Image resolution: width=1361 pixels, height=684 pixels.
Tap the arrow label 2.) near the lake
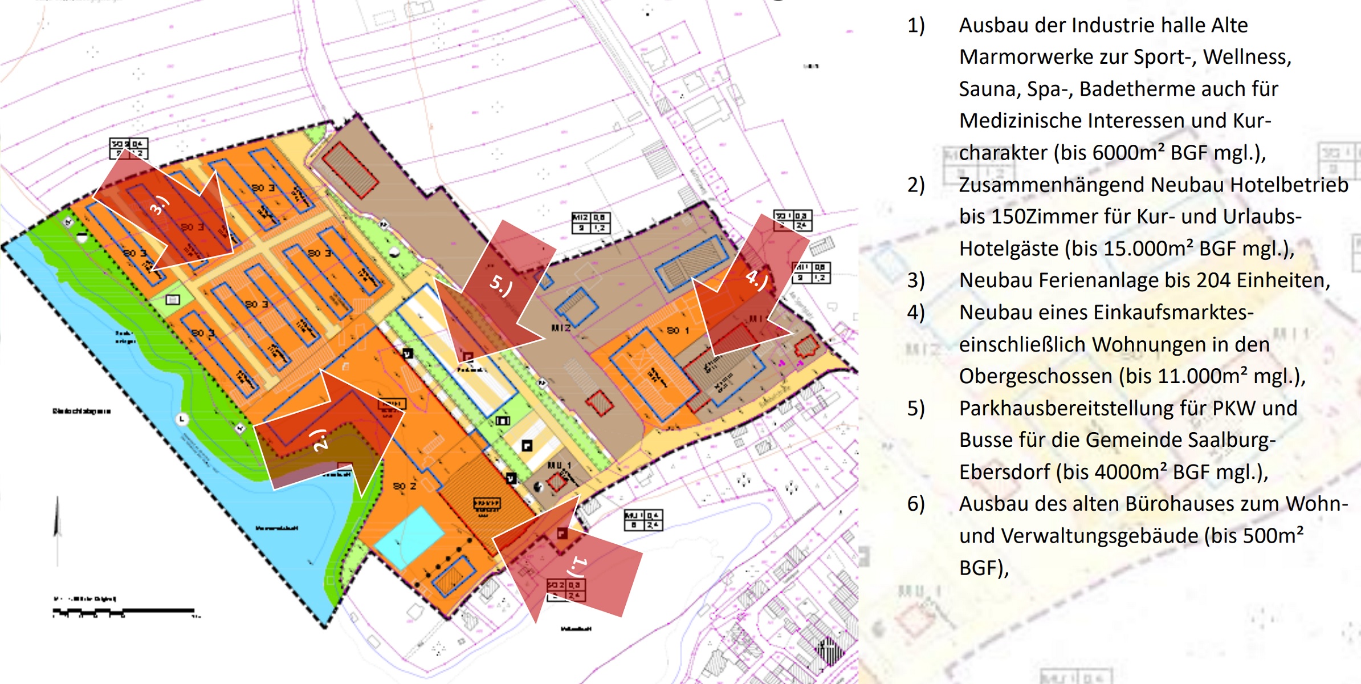point(320,439)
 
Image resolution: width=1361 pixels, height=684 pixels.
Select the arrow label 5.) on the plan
point(501,285)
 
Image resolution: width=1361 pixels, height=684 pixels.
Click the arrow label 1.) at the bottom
point(578,567)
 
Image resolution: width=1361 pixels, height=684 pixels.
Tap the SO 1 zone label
point(678,331)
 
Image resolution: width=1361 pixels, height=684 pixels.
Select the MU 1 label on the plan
point(559,466)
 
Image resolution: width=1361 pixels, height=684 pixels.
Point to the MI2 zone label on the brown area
point(561,328)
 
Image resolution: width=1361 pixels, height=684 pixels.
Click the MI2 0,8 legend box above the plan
point(591,223)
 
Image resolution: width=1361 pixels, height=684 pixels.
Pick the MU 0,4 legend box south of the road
point(643,520)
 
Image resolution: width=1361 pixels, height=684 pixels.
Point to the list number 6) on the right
point(916,504)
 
